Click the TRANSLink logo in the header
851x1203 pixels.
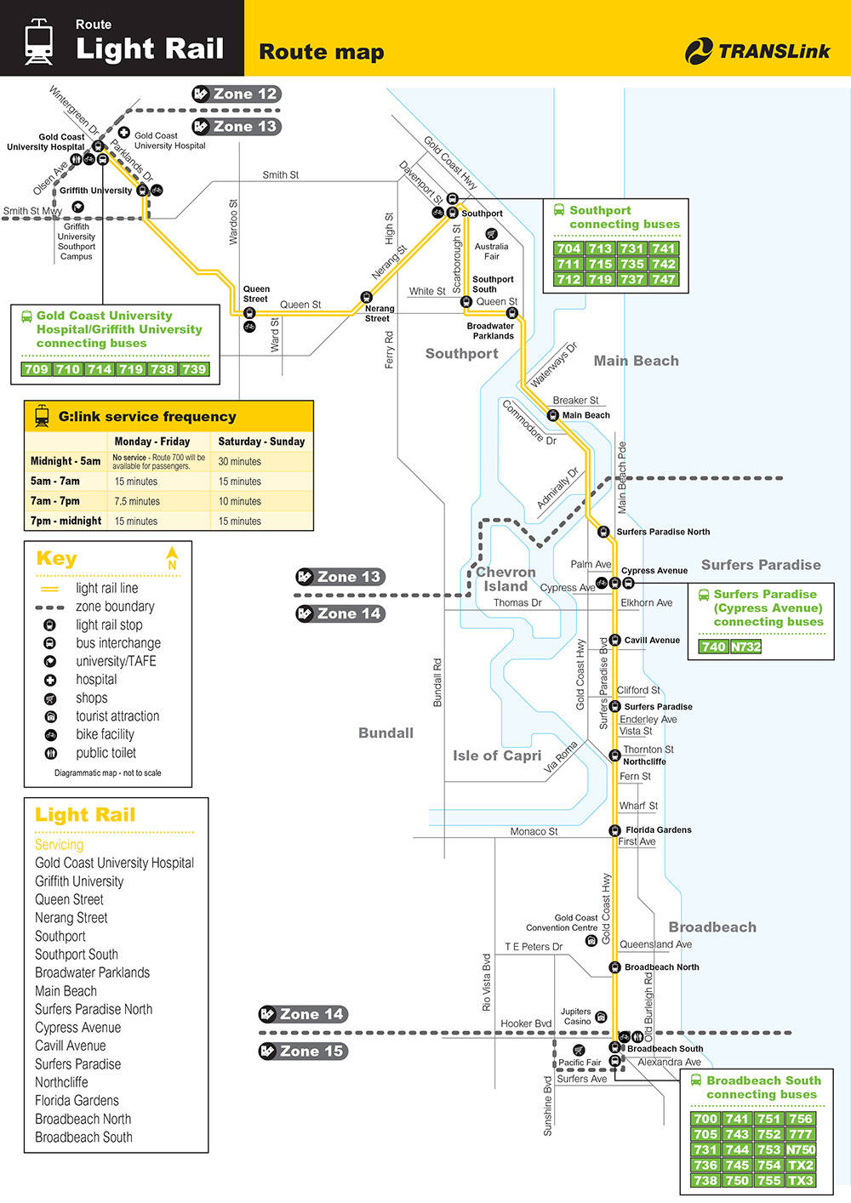pos(757,51)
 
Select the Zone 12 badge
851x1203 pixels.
pos(236,94)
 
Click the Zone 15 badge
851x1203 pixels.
pos(303,1052)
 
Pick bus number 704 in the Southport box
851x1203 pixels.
pos(568,248)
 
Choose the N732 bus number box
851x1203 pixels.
pos(746,647)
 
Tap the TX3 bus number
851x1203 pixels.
pos(800,1180)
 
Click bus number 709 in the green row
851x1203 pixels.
pos(37,369)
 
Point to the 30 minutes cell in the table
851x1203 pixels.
pos(240,461)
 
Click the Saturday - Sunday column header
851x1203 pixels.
pos(261,442)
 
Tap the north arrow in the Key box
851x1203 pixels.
pos(172,557)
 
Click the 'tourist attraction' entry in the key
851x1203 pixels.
pos(117,716)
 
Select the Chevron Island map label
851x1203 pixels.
pos(505,579)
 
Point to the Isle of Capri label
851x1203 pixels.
pos(497,755)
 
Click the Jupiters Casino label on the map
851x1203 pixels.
pos(576,1016)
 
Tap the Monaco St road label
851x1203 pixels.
pos(534,831)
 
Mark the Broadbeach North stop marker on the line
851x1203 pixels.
pos(614,967)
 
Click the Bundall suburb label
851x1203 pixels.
pos(386,733)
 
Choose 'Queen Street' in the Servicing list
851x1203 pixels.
pos(69,899)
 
